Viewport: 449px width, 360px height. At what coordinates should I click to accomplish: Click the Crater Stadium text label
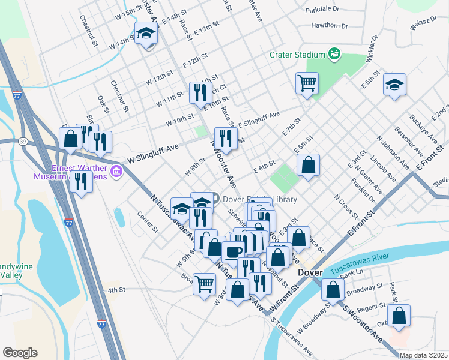click(297, 55)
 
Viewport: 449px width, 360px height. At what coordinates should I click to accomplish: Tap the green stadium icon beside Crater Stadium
click(334, 55)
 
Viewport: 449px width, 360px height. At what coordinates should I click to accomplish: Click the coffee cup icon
click(233, 251)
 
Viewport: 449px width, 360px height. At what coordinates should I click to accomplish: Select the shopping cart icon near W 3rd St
click(205, 283)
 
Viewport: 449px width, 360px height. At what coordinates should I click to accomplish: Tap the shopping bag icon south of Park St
click(399, 315)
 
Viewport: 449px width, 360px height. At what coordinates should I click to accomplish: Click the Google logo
click(20, 353)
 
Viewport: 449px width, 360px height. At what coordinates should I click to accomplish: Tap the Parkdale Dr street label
click(322, 10)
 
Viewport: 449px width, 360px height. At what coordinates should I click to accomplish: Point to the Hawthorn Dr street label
click(330, 26)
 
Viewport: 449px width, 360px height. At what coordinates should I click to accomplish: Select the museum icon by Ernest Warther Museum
click(116, 173)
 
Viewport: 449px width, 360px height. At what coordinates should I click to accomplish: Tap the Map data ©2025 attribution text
click(423, 355)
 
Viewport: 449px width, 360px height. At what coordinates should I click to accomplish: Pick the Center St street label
click(147, 222)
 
